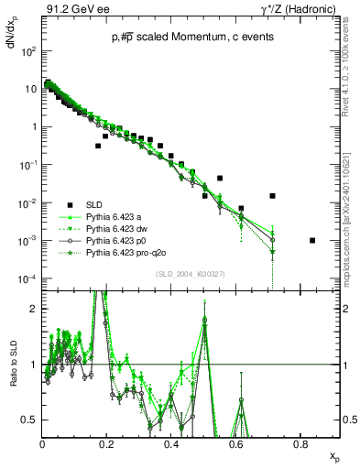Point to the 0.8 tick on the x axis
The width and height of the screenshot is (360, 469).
point(300,445)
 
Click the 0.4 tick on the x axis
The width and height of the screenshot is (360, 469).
point(171,445)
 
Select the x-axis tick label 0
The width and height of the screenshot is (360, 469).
point(43,445)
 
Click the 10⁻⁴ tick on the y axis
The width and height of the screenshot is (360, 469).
point(27,278)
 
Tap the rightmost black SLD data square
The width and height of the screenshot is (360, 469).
point(313,240)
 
